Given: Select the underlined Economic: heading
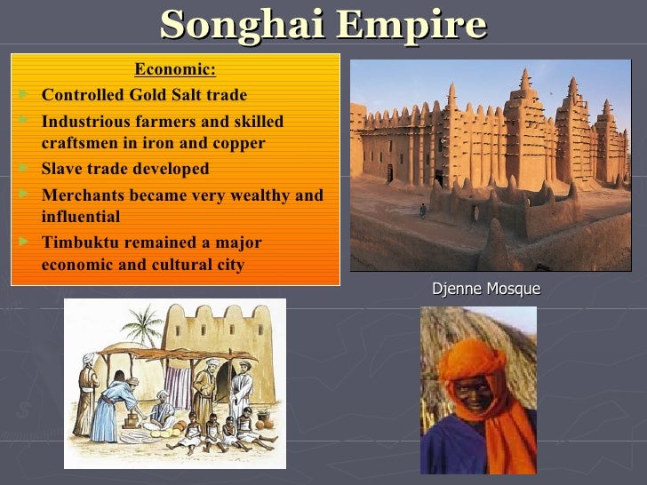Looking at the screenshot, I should pyautogui.click(x=175, y=70).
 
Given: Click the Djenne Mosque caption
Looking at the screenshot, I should pyautogui.click(x=485, y=289).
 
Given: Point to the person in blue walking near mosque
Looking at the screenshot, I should pyautogui.click(x=423, y=211).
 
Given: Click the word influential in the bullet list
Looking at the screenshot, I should pyautogui.click(x=80, y=217).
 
